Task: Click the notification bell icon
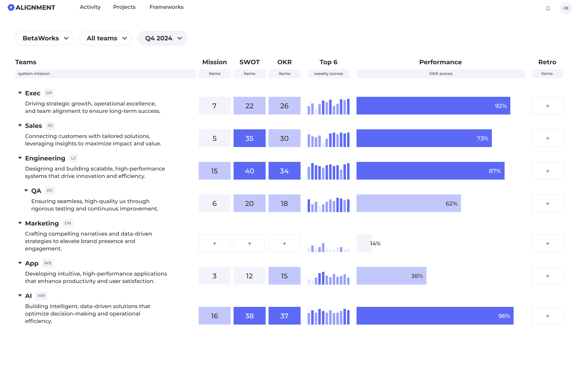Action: [x=548, y=8]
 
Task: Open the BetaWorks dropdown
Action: [x=44, y=38]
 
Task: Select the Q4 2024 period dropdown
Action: [x=162, y=38]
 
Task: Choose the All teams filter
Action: [x=106, y=38]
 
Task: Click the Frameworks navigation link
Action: [x=167, y=7]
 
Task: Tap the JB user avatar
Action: [x=566, y=8]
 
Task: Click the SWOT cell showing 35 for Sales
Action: [x=250, y=138]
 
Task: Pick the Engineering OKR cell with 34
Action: [x=284, y=171]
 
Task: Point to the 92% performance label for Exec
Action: [x=501, y=106]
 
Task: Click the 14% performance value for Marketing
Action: [x=375, y=243]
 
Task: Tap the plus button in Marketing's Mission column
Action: [x=215, y=243]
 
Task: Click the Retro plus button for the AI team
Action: [x=547, y=316]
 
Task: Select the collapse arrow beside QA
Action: [x=26, y=190]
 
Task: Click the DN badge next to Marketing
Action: [x=68, y=223]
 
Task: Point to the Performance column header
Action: [x=440, y=62]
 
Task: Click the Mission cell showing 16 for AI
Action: [x=215, y=316]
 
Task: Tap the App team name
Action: [x=32, y=264]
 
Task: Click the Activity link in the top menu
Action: [x=90, y=7]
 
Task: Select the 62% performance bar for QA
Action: [x=409, y=203]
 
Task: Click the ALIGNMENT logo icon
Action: [x=11, y=7]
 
